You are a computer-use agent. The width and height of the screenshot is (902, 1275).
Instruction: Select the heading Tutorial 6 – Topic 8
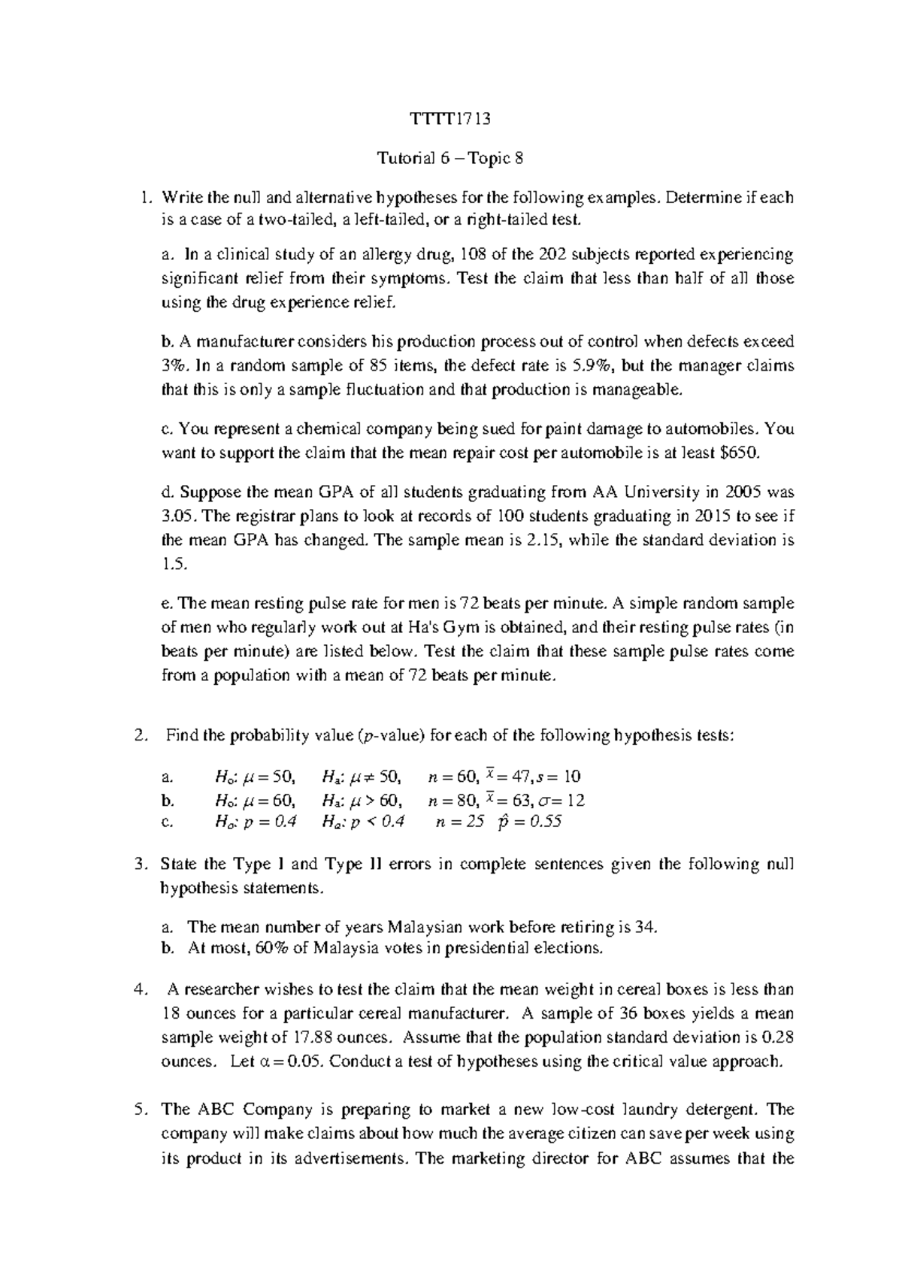click(449, 158)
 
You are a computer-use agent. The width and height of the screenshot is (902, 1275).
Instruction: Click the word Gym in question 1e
click(419, 627)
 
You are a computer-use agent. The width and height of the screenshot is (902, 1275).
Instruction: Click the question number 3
click(138, 864)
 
